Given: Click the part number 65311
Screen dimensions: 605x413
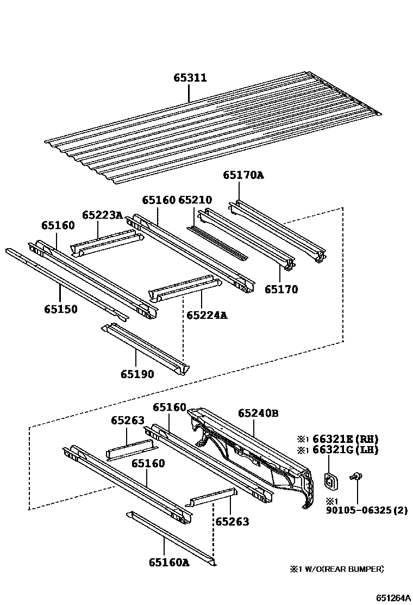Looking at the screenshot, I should [x=190, y=78].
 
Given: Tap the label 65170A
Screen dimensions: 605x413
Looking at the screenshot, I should [x=243, y=175].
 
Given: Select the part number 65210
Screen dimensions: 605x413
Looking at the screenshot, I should [x=195, y=200].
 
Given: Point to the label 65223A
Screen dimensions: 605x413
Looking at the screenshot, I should [x=102, y=215].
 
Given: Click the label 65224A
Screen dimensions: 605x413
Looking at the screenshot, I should [x=206, y=315].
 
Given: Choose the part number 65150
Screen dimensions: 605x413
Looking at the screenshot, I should [x=61, y=310].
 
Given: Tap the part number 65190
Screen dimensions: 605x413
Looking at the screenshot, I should [x=137, y=374].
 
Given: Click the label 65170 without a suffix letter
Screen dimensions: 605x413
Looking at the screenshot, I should [x=281, y=289].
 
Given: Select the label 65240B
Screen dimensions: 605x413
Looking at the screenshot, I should [x=258, y=413].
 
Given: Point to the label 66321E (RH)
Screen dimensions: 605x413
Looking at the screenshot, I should [x=345, y=439].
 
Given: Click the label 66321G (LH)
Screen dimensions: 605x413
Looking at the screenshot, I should [x=345, y=450].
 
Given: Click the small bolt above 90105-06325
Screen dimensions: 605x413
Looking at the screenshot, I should [x=357, y=477].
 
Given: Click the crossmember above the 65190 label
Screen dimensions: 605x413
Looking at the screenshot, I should [x=145, y=348].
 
